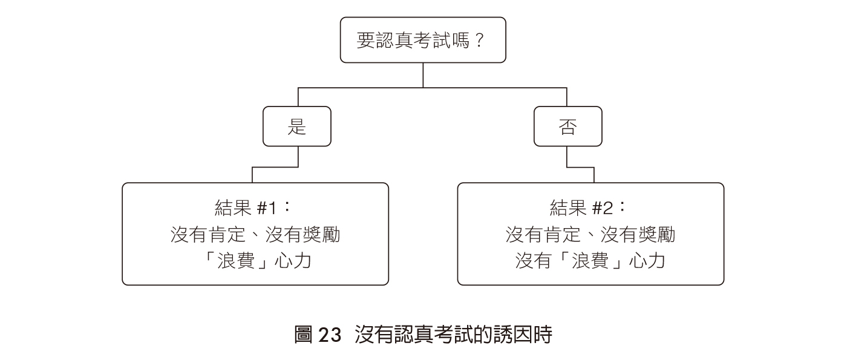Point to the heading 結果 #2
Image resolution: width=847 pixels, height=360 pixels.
click(588, 208)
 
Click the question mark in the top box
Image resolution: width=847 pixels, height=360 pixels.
click(479, 40)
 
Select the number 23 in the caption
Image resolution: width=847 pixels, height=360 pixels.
click(330, 335)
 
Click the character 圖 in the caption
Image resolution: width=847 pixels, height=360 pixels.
click(304, 335)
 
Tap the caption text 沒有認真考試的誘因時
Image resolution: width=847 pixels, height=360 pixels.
click(453, 335)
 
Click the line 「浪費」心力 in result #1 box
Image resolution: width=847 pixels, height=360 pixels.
click(255, 261)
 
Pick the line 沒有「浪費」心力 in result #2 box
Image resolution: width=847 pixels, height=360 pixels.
click(590, 261)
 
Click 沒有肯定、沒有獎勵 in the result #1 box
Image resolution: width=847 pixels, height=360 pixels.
click(255, 235)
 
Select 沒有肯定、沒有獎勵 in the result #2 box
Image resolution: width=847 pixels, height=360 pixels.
click(590, 235)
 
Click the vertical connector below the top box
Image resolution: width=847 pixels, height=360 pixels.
click(423, 75)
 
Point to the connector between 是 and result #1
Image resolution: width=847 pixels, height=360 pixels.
click(275, 167)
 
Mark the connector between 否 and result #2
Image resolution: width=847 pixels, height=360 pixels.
click(580, 167)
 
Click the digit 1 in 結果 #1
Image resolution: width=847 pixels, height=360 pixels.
click(272, 208)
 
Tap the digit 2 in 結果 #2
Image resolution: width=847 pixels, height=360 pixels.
click(607, 208)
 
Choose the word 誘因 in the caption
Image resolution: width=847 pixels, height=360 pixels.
click(513, 335)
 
